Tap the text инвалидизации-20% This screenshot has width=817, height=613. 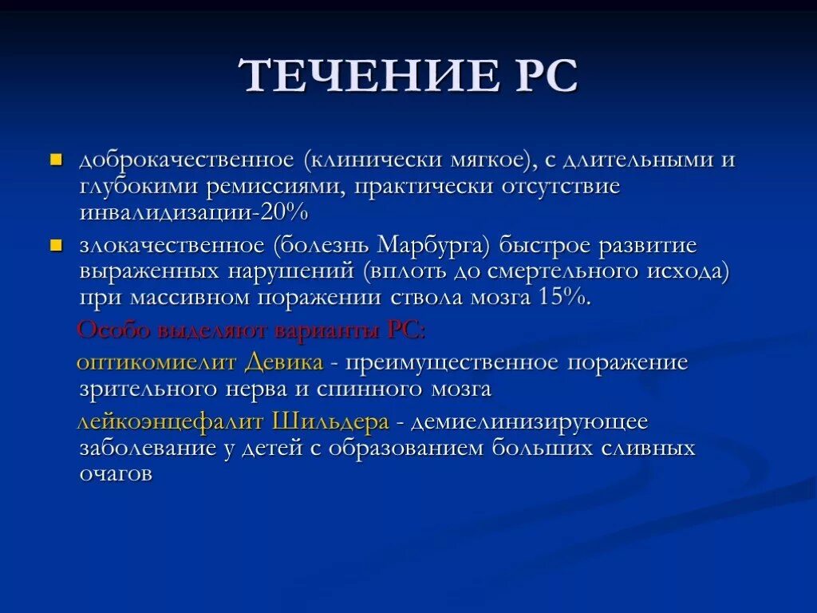pyautogui.click(x=193, y=213)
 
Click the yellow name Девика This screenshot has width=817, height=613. pyautogui.click(x=283, y=362)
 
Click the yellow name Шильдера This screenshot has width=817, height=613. pyautogui.click(x=330, y=421)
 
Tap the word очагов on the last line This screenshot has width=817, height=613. pyautogui.click(x=116, y=473)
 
